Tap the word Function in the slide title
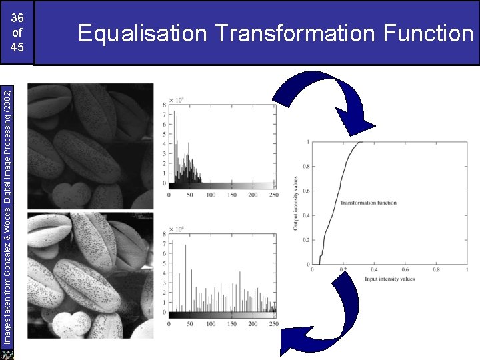point(427,33)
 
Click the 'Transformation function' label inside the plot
point(368,203)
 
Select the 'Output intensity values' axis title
point(295,203)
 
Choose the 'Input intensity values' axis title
point(389,278)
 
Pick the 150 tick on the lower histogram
point(232,324)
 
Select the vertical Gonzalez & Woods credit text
point(6,213)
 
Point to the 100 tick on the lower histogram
point(211,324)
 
